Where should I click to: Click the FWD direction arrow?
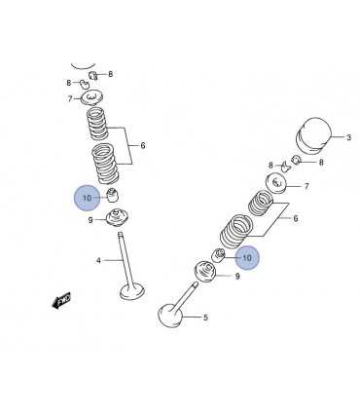click(x=61, y=300)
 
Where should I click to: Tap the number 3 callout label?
click(x=348, y=137)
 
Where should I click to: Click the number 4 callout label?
click(x=98, y=260)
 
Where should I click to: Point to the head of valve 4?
click(x=132, y=291)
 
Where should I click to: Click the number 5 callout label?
click(x=205, y=318)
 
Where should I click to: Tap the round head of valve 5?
click(x=170, y=315)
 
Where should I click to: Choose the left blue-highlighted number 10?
click(x=88, y=198)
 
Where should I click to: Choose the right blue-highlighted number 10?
click(x=247, y=258)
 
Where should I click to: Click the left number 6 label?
click(x=143, y=145)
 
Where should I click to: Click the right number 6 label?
click(x=296, y=218)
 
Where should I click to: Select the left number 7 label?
click(x=70, y=98)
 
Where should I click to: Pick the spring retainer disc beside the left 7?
click(x=92, y=97)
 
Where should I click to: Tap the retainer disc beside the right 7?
click(x=276, y=184)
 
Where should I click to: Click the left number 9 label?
click(x=90, y=220)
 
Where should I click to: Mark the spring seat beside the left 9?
click(x=118, y=218)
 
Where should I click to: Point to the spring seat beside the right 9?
click(x=205, y=272)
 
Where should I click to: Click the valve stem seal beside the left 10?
click(x=113, y=194)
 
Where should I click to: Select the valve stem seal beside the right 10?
click(x=218, y=255)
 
